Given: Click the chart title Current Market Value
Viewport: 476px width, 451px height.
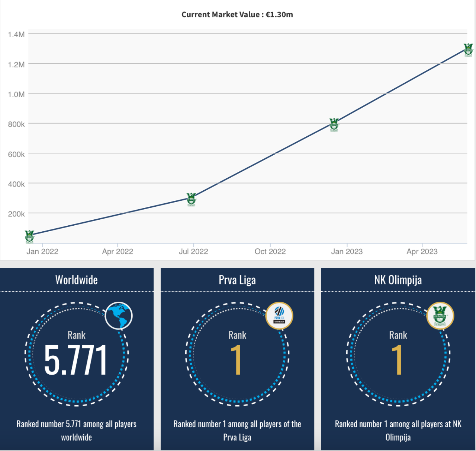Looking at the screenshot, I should [x=237, y=15].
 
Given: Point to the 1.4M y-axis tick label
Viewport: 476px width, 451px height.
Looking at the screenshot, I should [x=16, y=35].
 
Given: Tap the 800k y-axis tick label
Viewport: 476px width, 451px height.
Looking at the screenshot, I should [x=16, y=124].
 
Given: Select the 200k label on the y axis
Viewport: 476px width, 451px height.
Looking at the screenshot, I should [x=16, y=214].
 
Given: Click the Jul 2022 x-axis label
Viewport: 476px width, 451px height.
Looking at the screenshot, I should [x=193, y=251].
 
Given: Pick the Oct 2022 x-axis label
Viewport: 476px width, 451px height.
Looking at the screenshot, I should [x=270, y=251].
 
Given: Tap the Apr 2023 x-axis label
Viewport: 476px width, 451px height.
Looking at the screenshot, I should [x=422, y=251].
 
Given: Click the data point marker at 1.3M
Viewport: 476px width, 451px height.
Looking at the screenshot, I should [x=468, y=50].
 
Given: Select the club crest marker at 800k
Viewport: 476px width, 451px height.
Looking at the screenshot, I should [x=334, y=124].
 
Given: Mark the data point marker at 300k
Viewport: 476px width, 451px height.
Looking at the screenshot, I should [x=191, y=199].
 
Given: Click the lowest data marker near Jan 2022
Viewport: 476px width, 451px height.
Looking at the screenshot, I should [x=29, y=236].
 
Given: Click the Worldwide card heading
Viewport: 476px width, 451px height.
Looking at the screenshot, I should [x=77, y=280].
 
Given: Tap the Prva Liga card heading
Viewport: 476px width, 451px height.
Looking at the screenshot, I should [x=237, y=280].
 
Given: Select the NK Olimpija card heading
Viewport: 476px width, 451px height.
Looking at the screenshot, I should [x=398, y=280].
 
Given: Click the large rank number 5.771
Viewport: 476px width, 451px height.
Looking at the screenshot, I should [x=76, y=360].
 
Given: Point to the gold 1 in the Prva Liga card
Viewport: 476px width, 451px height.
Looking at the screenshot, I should [x=236, y=360].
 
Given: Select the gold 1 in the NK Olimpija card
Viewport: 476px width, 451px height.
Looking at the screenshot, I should [x=397, y=360].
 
